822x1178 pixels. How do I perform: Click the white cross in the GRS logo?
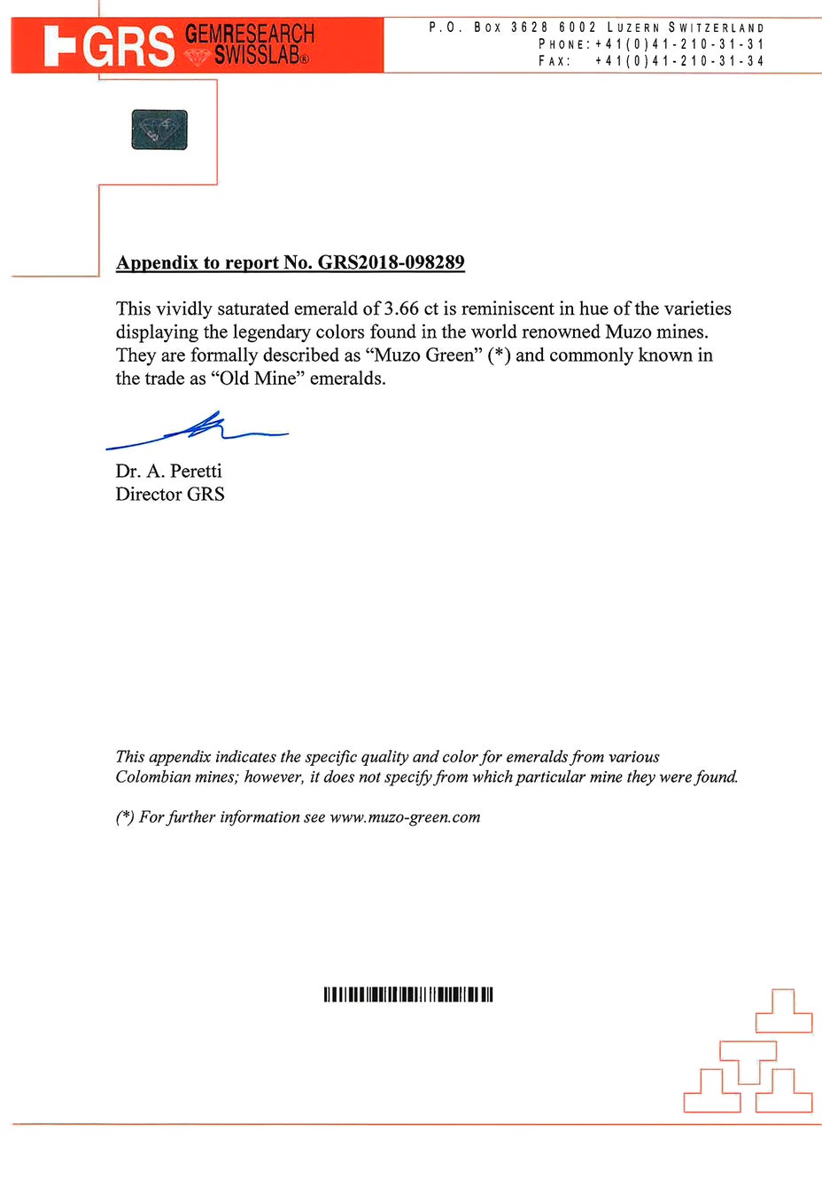59,46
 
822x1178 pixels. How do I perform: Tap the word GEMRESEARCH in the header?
250,35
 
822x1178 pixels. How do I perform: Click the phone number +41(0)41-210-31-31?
679,43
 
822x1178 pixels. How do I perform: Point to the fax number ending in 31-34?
679,60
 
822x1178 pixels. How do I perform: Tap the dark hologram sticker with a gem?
159,129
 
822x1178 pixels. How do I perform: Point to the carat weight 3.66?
401,308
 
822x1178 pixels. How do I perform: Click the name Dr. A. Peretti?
168,471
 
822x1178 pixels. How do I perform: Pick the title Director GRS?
170,494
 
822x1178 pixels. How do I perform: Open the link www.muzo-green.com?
405,816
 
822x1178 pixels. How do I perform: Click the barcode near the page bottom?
408,995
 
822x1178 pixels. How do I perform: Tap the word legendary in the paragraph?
281,332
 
